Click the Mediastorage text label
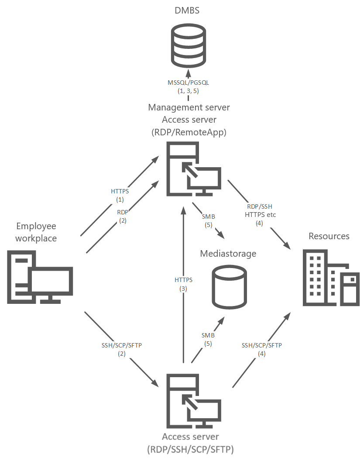tap(228, 254)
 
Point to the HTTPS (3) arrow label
tap(183, 284)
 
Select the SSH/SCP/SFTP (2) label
tap(121, 349)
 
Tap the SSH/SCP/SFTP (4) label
tap(262, 349)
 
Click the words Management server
tap(189, 107)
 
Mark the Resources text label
tap(329, 236)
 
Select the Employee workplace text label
tap(36, 232)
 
